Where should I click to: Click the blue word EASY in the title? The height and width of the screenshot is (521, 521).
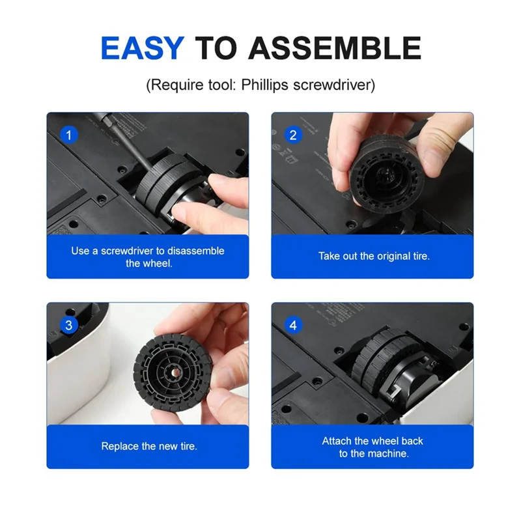pyautogui.click(x=142, y=48)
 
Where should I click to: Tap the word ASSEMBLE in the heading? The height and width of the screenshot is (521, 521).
pyautogui.click(x=335, y=48)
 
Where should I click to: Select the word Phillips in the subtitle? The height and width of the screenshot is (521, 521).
pyautogui.click(x=264, y=85)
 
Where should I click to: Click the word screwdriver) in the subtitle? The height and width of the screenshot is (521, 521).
pyautogui.click(x=334, y=85)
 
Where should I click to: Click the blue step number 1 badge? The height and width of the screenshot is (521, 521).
pyautogui.click(x=69, y=135)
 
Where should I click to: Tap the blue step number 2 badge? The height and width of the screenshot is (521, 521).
pyautogui.click(x=293, y=135)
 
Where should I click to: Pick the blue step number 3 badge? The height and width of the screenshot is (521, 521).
pyautogui.click(x=69, y=325)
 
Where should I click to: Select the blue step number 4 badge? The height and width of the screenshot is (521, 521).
pyautogui.click(x=293, y=325)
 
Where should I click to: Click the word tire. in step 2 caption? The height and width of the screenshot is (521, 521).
pyautogui.click(x=420, y=256)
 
